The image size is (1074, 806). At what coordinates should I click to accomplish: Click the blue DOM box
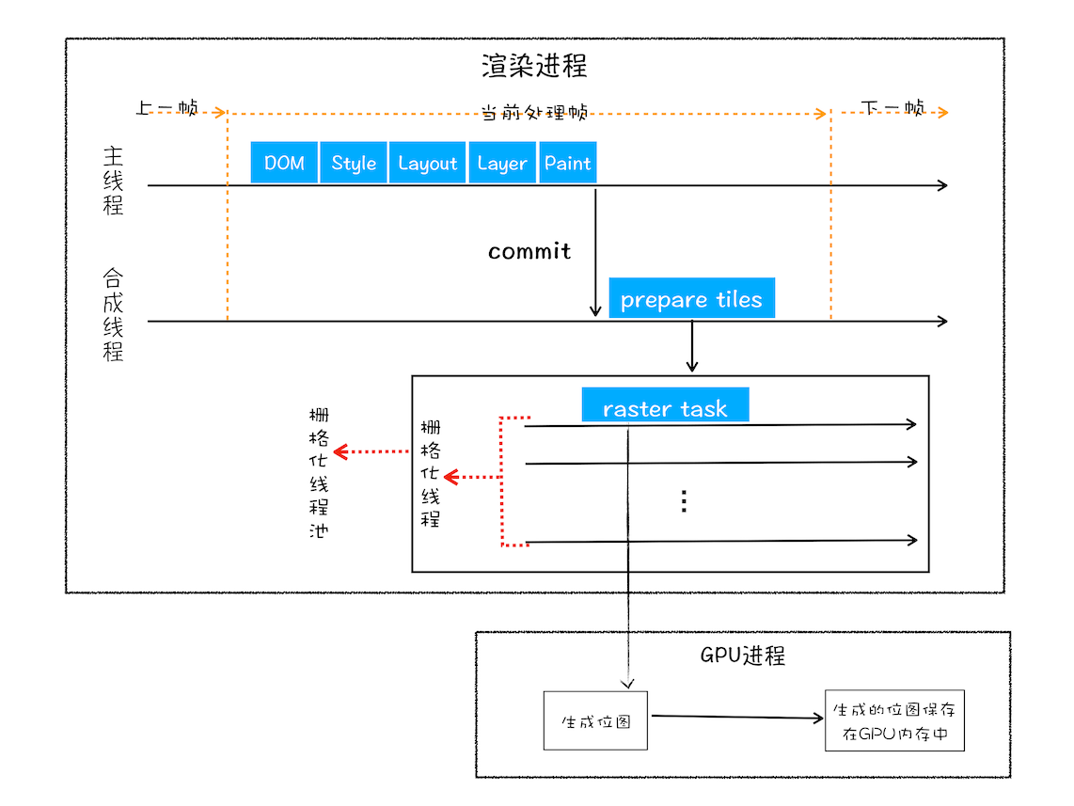click(284, 163)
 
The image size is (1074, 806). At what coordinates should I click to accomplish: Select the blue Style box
click(354, 163)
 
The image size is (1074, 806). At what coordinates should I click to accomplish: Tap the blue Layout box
click(427, 163)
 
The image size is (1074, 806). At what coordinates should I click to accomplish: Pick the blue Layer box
click(501, 163)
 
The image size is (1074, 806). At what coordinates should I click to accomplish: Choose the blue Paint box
click(568, 163)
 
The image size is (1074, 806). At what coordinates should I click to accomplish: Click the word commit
click(529, 251)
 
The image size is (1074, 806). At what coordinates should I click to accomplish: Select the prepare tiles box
click(691, 299)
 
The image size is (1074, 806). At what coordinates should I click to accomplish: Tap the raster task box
click(665, 407)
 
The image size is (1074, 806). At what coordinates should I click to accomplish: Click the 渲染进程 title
click(534, 66)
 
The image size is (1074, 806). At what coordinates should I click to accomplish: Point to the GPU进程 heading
click(742, 656)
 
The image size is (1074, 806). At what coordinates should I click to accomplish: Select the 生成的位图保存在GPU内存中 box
click(894, 722)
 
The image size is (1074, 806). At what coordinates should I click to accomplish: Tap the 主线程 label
click(113, 181)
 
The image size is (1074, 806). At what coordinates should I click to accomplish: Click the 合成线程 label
click(113, 316)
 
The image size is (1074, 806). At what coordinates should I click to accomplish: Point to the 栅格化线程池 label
click(319, 472)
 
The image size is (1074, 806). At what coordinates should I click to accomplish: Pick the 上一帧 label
click(166, 108)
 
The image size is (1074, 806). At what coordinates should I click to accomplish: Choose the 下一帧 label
click(892, 108)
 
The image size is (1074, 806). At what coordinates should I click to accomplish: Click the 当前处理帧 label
click(534, 112)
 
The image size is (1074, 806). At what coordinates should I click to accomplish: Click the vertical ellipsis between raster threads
click(684, 501)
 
